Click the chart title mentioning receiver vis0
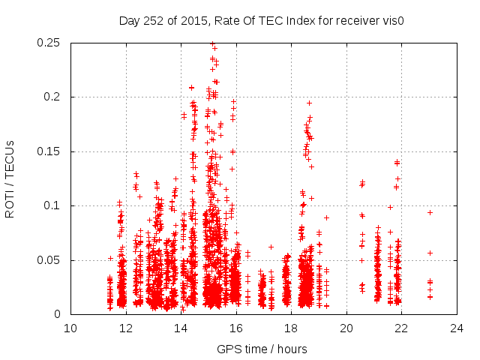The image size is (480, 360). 262,21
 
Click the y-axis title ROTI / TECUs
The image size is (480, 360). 10,178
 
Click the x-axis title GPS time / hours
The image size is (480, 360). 262,349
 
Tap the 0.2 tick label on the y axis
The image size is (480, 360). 54,97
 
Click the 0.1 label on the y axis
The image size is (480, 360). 54,205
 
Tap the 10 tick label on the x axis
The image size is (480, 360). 70,328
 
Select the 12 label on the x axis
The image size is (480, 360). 126,328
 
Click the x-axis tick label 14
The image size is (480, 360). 181,328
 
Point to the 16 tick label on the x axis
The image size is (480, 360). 236,328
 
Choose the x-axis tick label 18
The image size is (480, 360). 291,328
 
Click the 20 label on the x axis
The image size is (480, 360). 346,328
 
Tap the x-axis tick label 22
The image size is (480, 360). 401,328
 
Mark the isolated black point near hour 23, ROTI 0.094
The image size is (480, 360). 430,212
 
